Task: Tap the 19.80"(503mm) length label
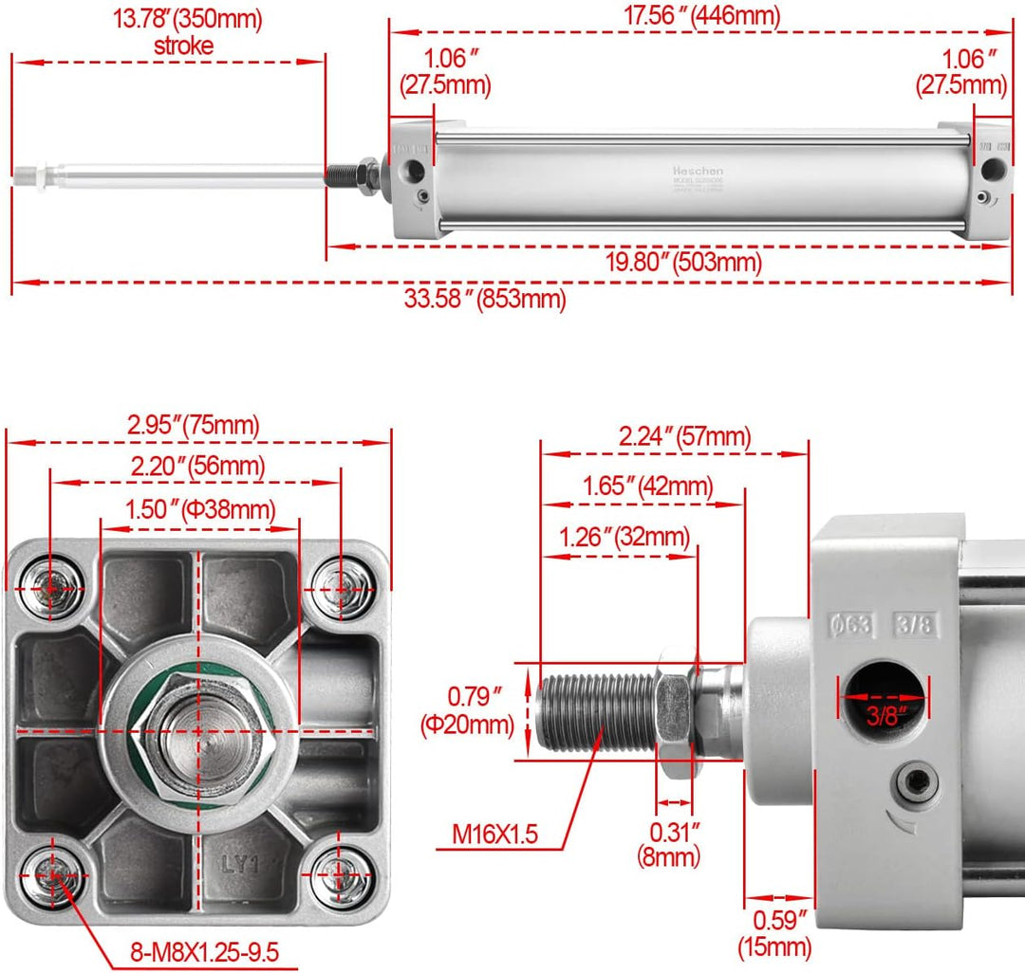point(683,262)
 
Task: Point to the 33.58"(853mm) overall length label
point(485,300)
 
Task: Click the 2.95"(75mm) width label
point(193,426)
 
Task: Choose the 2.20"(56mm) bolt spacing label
point(196,466)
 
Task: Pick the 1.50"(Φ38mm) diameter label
point(200,509)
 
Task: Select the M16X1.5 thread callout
point(494,834)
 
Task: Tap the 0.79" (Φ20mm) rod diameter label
point(467,712)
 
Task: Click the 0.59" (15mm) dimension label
point(775,932)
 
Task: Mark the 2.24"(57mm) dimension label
point(684,436)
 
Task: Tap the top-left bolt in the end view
point(50,588)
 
